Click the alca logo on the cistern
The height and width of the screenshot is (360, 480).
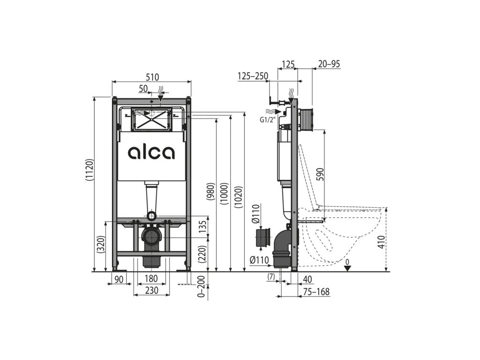coord(151,152)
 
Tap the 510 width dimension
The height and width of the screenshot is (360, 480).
coord(152,77)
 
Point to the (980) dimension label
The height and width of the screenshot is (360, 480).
coord(211,191)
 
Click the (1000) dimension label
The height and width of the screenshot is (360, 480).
coord(225,194)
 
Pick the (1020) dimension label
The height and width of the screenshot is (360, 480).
coord(239,197)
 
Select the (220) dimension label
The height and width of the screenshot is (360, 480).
coord(202,254)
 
